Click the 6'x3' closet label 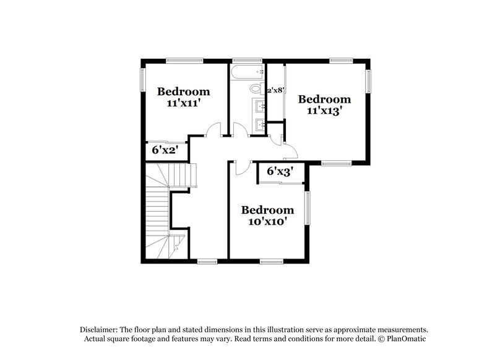click(280, 171)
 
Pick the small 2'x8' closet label click(275, 90)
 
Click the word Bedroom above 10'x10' click(267, 210)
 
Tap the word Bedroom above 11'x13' click(324, 99)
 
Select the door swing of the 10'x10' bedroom click(243, 166)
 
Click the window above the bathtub click(242, 61)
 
